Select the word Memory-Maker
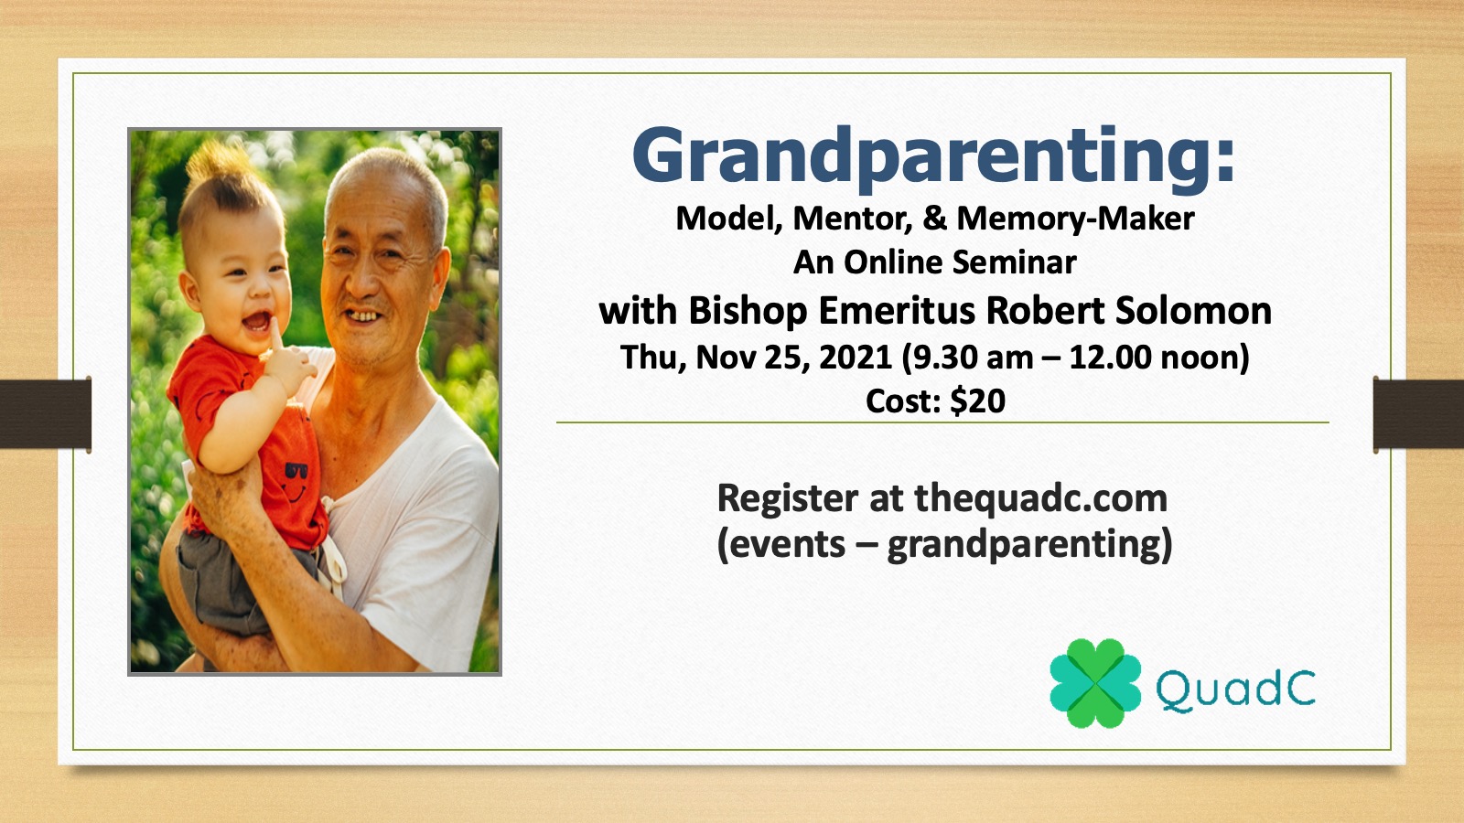click(1075, 219)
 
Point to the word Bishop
click(748, 312)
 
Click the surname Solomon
click(1193, 310)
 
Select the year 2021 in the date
click(856, 358)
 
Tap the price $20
click(977, 401)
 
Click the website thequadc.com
click(1040, 498)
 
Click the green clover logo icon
click(1095, 683)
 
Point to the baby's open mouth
click(256, 321)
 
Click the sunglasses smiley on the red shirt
click(296, 479)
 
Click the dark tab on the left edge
click(45, 414)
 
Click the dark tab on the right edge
click(1418, 414)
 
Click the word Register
click(788, 499)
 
